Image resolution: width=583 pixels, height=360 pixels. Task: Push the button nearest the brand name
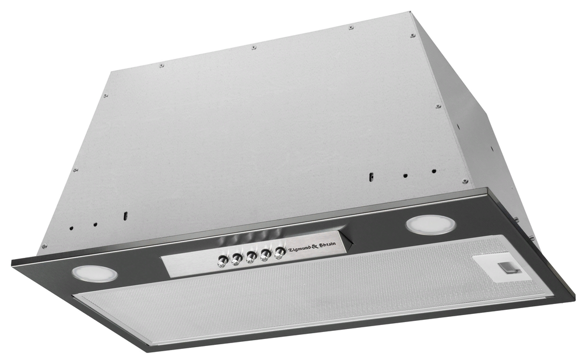coord(280,254)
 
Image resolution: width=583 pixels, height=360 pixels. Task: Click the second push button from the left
coord(236,260)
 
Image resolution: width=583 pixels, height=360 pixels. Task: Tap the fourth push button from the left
coord(265,256)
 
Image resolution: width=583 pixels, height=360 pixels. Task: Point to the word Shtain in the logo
coord(327,245)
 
